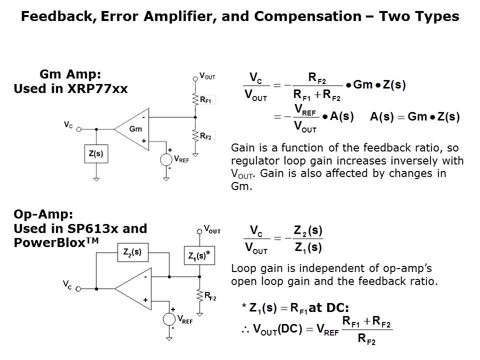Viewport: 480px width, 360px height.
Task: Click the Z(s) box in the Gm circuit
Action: point(95,153)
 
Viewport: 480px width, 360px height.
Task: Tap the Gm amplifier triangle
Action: point(132,129)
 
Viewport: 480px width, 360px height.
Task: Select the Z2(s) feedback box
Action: point(132,252)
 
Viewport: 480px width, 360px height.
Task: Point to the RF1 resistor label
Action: point(205,100)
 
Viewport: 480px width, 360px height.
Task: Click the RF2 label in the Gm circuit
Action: point(205,136)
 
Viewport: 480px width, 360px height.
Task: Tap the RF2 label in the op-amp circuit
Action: point(210,297)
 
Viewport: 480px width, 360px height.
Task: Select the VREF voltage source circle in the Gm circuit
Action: point(165,160)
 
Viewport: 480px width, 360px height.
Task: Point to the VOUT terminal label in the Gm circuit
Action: point(207,76)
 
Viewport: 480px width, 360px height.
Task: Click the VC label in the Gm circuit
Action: point(68,124)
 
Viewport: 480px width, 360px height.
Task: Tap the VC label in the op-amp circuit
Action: point(67,285)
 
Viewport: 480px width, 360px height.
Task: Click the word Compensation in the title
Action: point(307,16)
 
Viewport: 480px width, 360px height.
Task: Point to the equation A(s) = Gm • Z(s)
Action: point(414,117)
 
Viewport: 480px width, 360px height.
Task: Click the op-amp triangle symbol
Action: point(132,288)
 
